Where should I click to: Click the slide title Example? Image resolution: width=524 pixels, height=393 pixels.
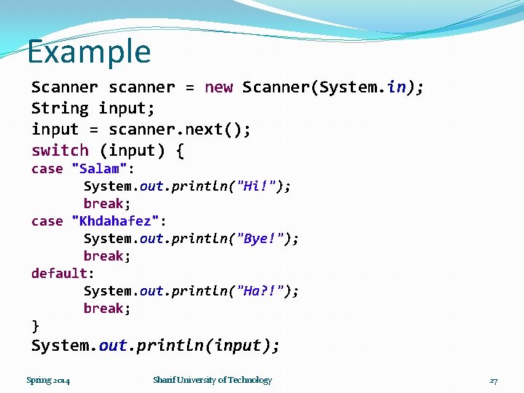89,52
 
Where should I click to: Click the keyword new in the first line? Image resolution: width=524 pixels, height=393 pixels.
218,87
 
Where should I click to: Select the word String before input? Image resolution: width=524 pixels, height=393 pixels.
60,108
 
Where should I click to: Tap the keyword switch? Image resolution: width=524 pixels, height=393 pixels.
60,151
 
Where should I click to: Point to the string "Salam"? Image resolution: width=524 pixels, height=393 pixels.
100,169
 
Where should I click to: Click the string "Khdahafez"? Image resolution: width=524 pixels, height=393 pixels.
116,221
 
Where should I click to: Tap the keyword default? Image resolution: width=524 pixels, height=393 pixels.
59,274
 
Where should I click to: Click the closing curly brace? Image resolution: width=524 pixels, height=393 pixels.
35,325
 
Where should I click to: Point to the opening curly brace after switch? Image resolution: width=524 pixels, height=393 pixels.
179,151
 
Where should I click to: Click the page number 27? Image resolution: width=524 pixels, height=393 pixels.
493,381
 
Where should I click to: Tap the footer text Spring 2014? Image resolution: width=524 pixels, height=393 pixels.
48,380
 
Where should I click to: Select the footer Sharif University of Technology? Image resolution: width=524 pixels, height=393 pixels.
212,380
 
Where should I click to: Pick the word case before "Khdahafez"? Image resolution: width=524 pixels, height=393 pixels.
47,221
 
